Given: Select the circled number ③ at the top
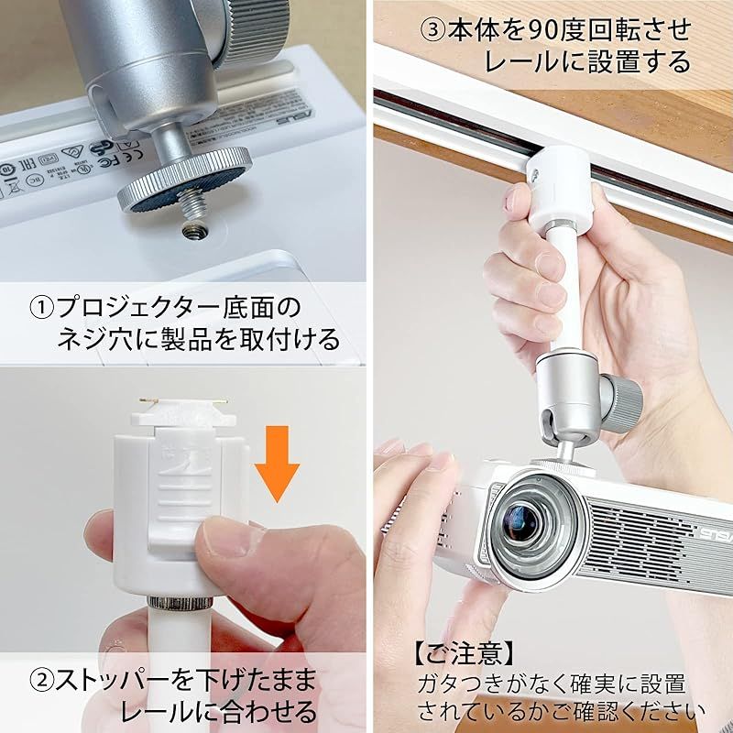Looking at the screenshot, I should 433,28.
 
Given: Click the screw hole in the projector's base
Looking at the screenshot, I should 193,225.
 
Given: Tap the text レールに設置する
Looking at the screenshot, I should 587,62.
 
